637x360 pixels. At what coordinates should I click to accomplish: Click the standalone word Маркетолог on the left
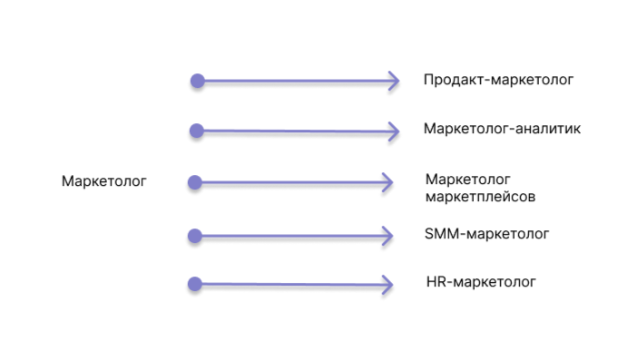coord(103,181)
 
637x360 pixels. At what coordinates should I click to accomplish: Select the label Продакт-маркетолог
coord(498,80)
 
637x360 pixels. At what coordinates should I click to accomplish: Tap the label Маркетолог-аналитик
coord(502,129)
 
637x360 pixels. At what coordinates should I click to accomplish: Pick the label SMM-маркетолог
coord(486,234)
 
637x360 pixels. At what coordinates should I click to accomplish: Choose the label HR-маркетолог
coord(481,282)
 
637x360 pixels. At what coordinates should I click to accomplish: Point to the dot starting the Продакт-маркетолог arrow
coord(197,81)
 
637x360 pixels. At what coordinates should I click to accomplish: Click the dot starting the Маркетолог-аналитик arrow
coord(196,131)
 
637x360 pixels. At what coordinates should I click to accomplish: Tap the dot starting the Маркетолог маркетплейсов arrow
coord(194,183)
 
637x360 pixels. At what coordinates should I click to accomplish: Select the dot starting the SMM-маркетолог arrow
coord(194,236)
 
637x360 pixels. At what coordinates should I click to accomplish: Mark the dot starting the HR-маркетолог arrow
coord(194,284)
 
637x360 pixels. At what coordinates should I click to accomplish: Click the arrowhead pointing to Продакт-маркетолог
coord(394,82)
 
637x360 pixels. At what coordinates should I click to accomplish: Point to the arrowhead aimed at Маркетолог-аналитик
coord(394,131)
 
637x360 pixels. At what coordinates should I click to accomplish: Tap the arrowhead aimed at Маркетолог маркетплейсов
coord(388,183)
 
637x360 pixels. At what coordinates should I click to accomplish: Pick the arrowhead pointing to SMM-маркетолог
coord(388,236)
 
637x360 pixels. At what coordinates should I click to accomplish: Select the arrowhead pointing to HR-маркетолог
coord(388,285)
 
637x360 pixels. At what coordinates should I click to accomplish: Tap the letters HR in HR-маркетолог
coord(435,282)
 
